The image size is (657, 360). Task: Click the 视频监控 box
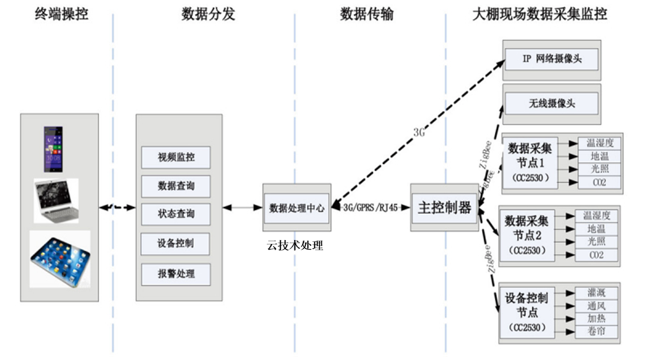coord(176,157)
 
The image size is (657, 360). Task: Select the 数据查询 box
coord(176,186)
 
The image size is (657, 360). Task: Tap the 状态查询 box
coord(176,214)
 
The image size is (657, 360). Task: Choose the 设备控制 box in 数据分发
coord(176,243)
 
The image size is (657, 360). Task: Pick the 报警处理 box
coord(176,274)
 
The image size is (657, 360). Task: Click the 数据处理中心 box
coord(297,208)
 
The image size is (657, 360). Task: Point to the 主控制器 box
coord(444,207)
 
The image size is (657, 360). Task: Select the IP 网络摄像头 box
coord(552,59)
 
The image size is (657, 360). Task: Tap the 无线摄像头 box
coord(552,103)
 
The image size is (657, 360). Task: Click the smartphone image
coord(53,149)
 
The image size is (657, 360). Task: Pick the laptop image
coord(57,200)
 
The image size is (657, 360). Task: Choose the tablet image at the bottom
coord(59,258)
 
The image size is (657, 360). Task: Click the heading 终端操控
coord(61,14)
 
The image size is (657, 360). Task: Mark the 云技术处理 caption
coord(296,245)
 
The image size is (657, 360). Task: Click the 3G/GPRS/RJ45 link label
coord(371,208)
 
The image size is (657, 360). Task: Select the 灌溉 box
coord(596,293)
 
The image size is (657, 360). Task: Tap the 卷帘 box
coord(596,331)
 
